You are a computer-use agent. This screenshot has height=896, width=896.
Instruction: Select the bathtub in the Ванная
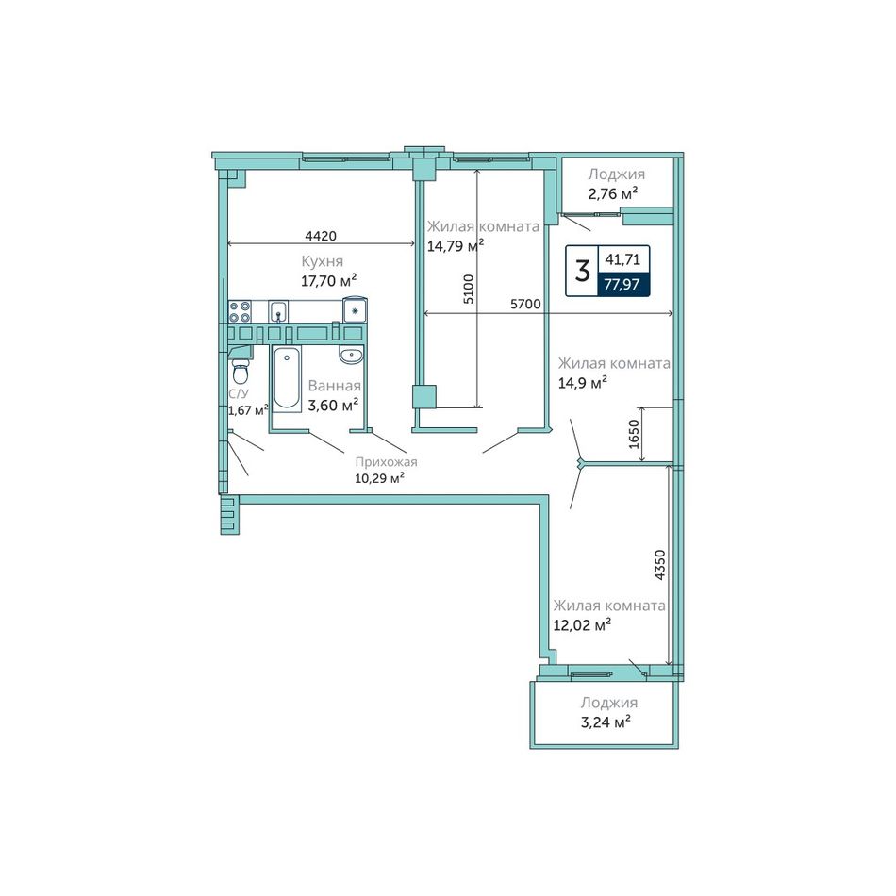tap(287, 379)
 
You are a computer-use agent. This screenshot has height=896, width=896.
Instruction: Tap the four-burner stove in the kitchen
tap(240, 311)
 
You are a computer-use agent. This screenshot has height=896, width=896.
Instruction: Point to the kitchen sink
tap(278, 312)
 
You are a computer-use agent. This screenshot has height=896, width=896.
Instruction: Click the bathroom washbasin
tap(350, 356)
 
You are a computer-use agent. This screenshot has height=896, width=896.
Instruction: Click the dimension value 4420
tap(321, 236)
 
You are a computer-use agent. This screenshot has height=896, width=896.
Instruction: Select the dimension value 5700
tap(525, 304)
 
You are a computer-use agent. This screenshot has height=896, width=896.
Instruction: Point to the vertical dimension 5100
tap(469, 290)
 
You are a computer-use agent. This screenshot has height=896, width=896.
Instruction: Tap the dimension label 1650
tap(634, 434)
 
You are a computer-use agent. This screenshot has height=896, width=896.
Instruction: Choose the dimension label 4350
tap(660, 565)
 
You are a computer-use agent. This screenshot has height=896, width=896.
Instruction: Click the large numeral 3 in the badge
tap(582, 271)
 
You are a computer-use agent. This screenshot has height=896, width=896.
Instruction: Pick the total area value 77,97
tap(622, 284)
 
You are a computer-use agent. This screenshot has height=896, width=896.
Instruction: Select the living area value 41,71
tap(622, 259)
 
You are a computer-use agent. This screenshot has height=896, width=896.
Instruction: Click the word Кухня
tap(323, 261)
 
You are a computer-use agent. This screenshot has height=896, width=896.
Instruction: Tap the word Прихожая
tap(387, 462)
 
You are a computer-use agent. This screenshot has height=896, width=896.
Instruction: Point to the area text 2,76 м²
tap(613, 193)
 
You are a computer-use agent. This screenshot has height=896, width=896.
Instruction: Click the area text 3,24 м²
tap(606, 722)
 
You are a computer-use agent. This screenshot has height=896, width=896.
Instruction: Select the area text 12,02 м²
tap(582, 624)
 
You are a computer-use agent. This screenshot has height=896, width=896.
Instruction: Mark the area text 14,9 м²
tap(582, 382)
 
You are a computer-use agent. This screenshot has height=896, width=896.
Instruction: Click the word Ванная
tap(334, 386)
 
